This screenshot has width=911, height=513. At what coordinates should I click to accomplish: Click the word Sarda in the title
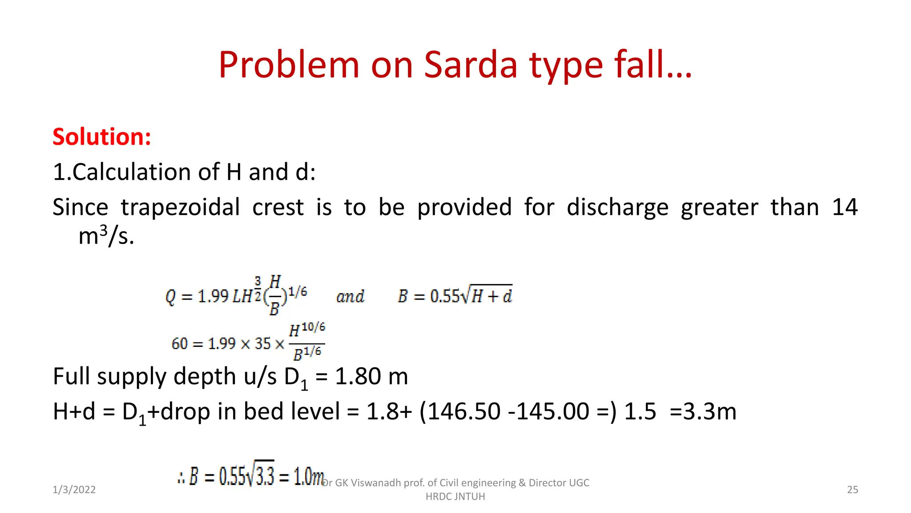pyautogui.click(x=471, y=65)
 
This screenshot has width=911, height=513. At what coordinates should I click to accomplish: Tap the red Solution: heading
pyautogui.click(x=102, y=137)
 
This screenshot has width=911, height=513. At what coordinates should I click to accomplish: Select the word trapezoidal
pyautogui.click(x=180, y=208)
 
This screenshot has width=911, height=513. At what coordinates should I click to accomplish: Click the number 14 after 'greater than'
pyautogui.click(x=844, y=208)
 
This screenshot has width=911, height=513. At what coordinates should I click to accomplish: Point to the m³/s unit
pyautogui.click(x=106, y=236)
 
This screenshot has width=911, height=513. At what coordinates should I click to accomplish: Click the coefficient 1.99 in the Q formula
pyautogui.click(x=213, y=296)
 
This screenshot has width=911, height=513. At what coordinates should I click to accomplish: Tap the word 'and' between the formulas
pyautogui.click(x=350, y=297)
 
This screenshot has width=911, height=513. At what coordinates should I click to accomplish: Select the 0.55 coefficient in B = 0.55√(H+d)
pyautogui.click(x=444, y=296)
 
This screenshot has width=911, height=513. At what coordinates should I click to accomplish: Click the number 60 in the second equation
pyautogui.click(x=180, y=344)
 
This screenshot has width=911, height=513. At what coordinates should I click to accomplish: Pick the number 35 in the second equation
pyautogui.click(x=262, y=344)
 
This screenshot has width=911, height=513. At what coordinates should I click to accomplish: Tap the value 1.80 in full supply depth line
pyautogui.click(x=358, y=377)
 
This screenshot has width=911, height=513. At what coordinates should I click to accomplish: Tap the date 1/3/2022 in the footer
pyautogui.click(x=74, y=490)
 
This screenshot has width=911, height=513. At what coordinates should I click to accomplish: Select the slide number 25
pyautogui.click(x=852, y=490)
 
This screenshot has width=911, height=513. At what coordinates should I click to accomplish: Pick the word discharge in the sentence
pyautogui.click(x=617, y=208)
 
